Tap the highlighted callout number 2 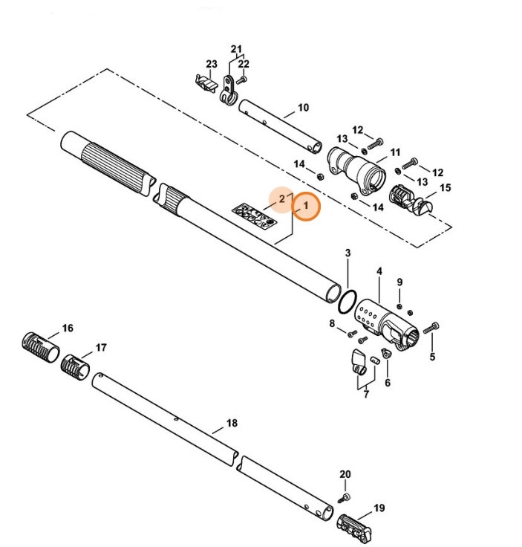coord(281,199)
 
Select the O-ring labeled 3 coord(345,300)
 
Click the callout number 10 coord(302,108)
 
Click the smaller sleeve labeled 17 coord(75,365)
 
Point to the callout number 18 coord(232,423)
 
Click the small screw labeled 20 coord(345,496)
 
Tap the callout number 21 coord(236,51)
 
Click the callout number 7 coord(365,394)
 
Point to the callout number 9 coord(399,282)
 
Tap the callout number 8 coord(333,323)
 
